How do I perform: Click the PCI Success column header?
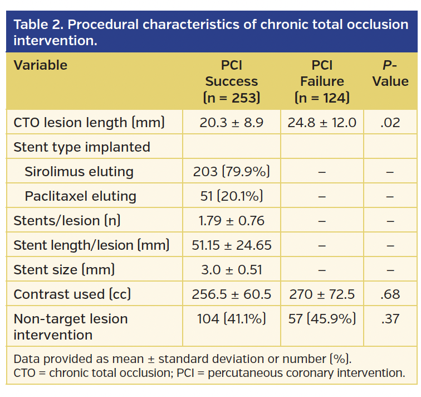231,81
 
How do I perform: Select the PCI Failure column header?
322,81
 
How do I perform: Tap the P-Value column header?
390,74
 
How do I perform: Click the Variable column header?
40,65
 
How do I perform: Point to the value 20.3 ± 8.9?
231,123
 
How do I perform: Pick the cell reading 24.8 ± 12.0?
322,123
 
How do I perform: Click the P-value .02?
390,123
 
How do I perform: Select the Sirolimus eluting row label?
79,172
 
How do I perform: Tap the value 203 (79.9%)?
231,172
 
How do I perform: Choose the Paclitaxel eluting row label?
80,196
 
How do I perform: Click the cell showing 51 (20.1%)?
231,196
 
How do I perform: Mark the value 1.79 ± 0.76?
231,221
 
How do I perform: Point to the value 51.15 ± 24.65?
231,245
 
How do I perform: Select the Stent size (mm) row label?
64,270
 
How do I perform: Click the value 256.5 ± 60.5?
231,294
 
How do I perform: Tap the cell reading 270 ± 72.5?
322,294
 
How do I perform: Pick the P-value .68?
390,294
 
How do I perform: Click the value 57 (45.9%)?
322,319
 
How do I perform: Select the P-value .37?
390,319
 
